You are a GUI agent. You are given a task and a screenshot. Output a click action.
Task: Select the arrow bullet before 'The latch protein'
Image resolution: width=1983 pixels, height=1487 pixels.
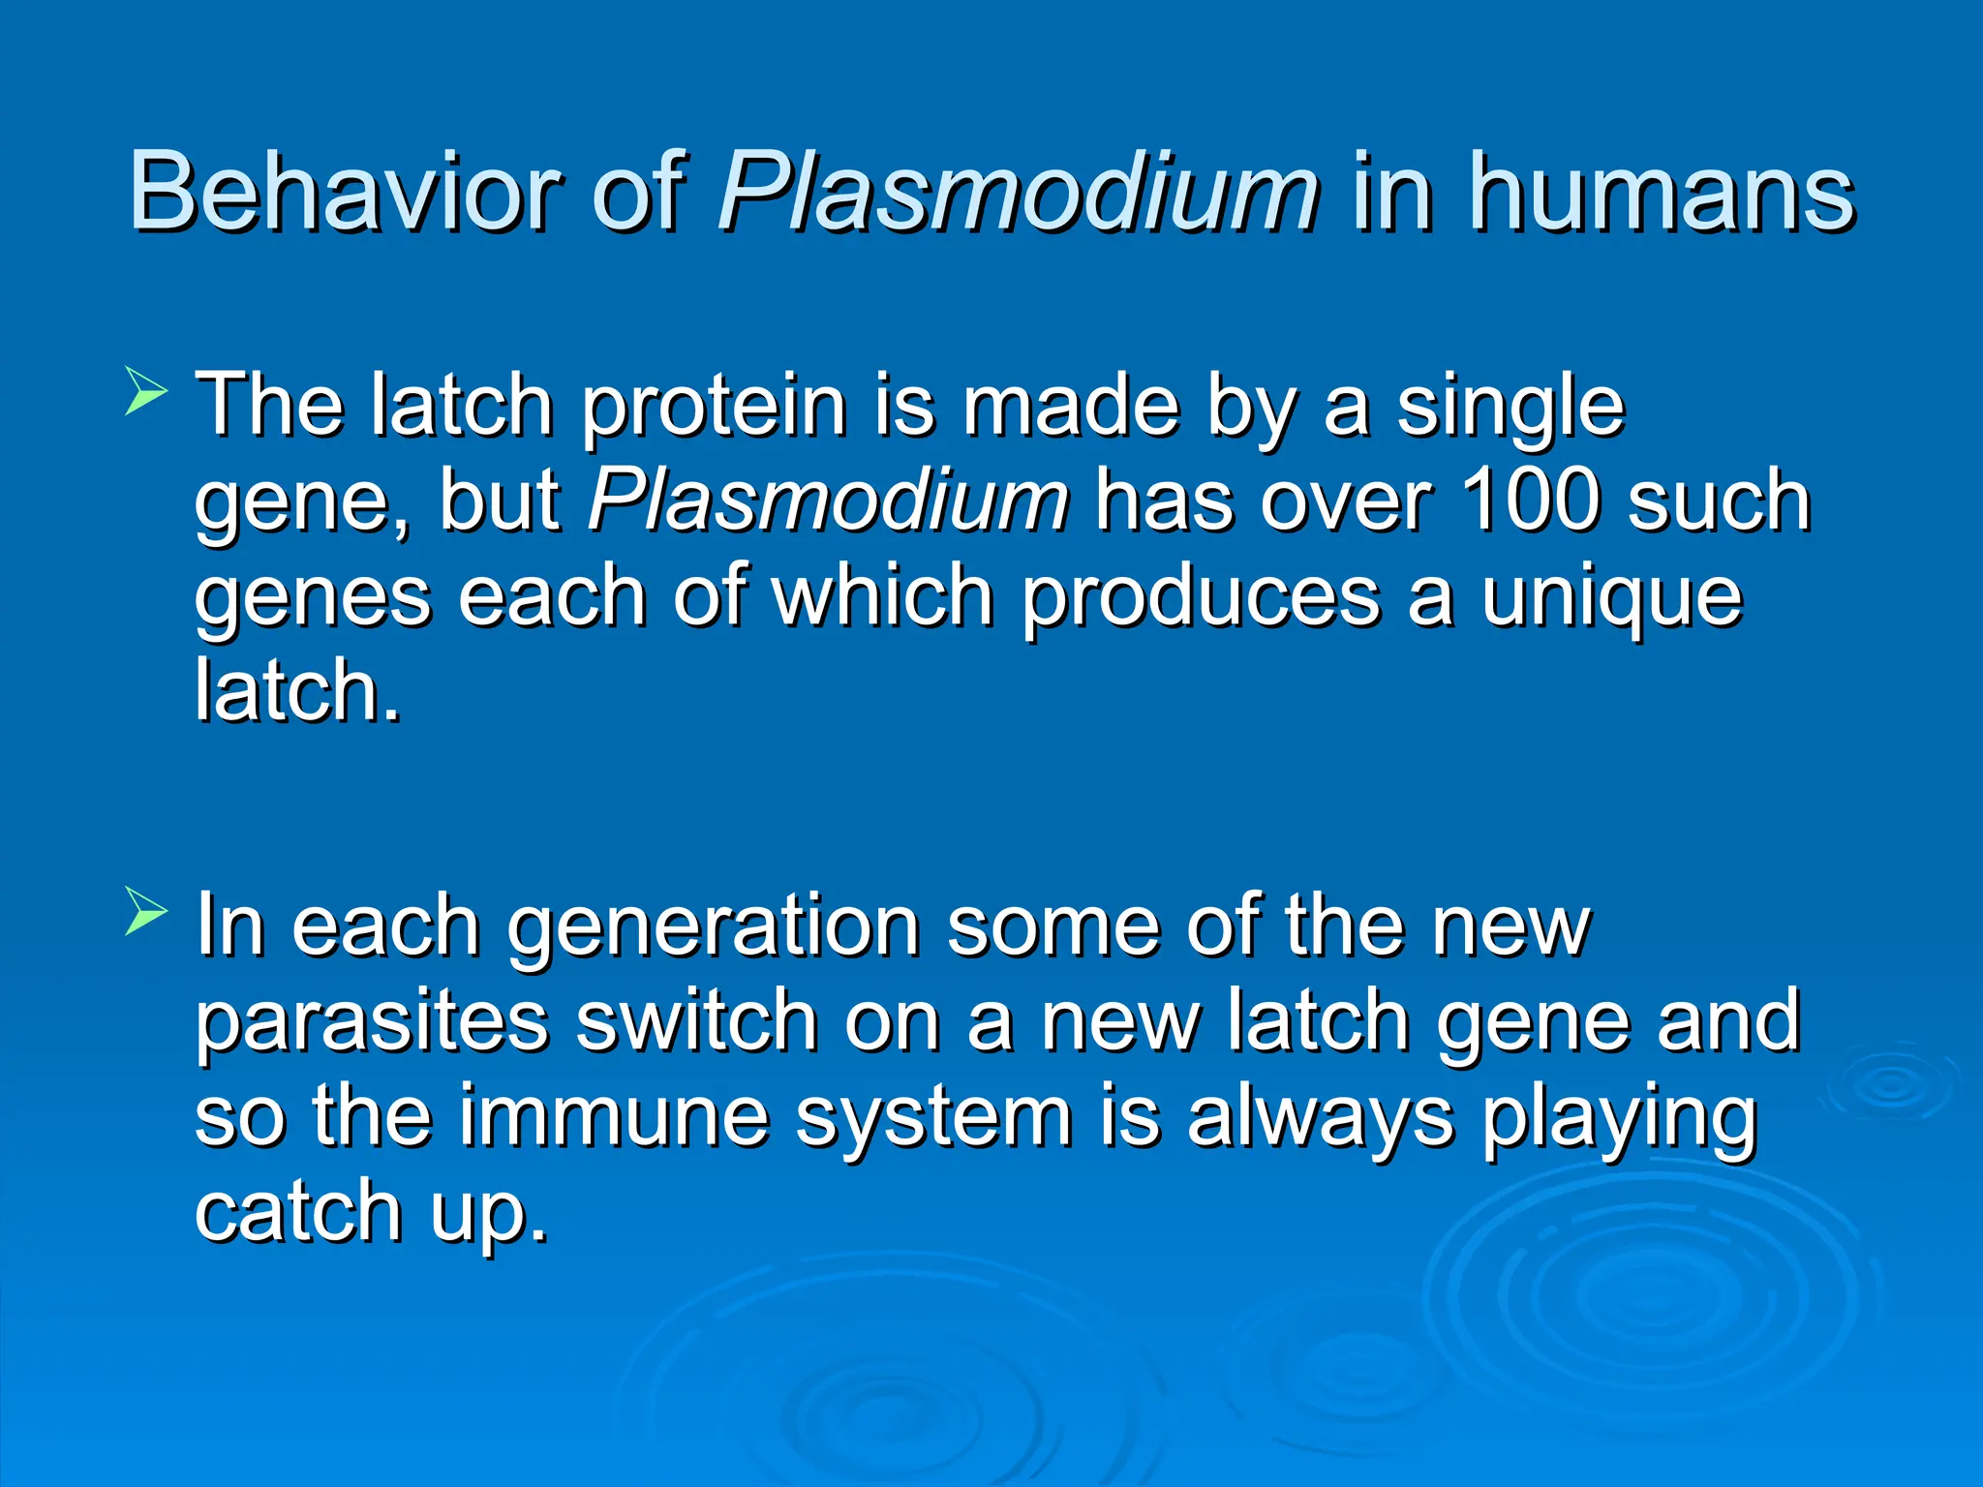(145, 395)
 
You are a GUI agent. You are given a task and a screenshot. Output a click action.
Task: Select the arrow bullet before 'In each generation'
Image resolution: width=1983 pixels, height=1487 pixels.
(145, 914)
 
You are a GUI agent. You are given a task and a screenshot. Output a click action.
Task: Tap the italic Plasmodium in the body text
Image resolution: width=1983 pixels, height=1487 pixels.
(828, 501)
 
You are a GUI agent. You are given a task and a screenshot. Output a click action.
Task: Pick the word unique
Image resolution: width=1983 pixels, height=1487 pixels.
(1612, 597)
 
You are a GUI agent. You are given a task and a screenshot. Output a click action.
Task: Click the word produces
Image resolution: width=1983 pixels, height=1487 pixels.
(1201, 597)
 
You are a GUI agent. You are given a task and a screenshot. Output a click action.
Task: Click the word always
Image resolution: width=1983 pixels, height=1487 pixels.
(1321, 1119)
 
